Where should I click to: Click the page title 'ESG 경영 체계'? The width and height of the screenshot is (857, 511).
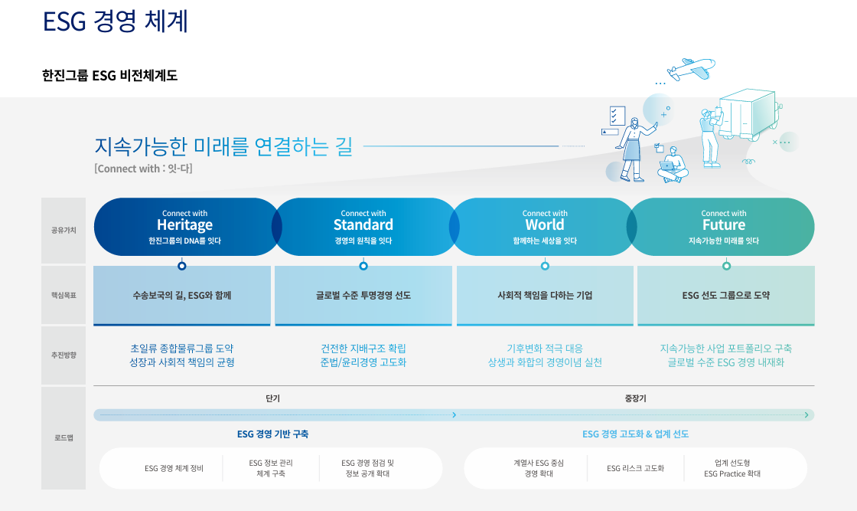pos(116,21)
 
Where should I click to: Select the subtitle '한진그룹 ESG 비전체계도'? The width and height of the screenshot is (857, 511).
pos(110,75)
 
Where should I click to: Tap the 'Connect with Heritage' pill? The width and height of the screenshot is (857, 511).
pos(184,226)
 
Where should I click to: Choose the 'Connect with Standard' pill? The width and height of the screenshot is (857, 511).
pos(363,226)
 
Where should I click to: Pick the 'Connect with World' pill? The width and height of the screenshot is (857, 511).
pos(545,226)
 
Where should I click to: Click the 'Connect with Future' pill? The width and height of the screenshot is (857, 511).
pos(723,226)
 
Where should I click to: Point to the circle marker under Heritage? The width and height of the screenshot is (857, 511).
pos(182,266)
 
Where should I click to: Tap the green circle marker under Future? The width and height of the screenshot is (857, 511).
pos(726,266)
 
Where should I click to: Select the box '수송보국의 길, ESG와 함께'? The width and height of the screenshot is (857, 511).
pos(182,295)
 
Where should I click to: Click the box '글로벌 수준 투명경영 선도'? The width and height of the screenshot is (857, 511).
pos(363,295)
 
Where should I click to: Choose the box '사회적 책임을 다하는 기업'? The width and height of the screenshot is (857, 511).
pos(545,295)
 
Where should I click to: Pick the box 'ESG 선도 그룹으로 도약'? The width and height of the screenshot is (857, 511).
pos(725,295)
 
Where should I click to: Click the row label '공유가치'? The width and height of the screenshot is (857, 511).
pos(64,229)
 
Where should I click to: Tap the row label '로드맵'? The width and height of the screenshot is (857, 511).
pos(64,438)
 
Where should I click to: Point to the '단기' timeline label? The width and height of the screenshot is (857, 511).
pos(273,398)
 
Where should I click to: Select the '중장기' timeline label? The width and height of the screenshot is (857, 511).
pos(635,398)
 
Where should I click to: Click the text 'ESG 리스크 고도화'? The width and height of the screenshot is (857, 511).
pos(635,468)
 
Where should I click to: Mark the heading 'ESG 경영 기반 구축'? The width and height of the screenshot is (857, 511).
pos(273,434)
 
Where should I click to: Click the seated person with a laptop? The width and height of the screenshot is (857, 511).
pos(671,165)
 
